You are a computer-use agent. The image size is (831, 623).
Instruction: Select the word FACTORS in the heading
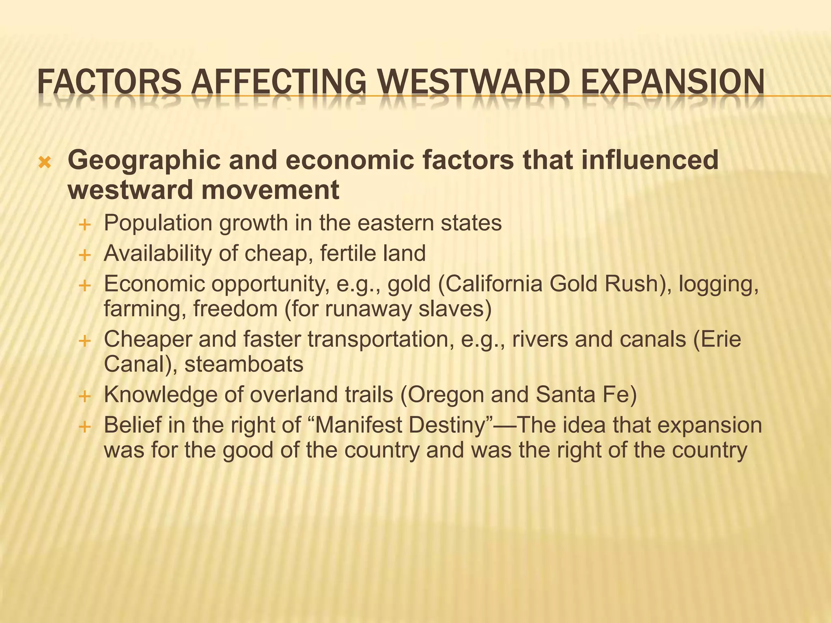click(109, 81)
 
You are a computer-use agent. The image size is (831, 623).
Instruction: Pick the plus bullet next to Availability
click(84, 256)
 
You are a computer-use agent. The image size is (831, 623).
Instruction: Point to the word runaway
click(368, 309)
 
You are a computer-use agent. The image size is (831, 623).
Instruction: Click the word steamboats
click(244, 364)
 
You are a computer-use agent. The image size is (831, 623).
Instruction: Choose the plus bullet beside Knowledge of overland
click(84, 396)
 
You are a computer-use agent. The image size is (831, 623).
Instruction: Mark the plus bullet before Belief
click(84, 427)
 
